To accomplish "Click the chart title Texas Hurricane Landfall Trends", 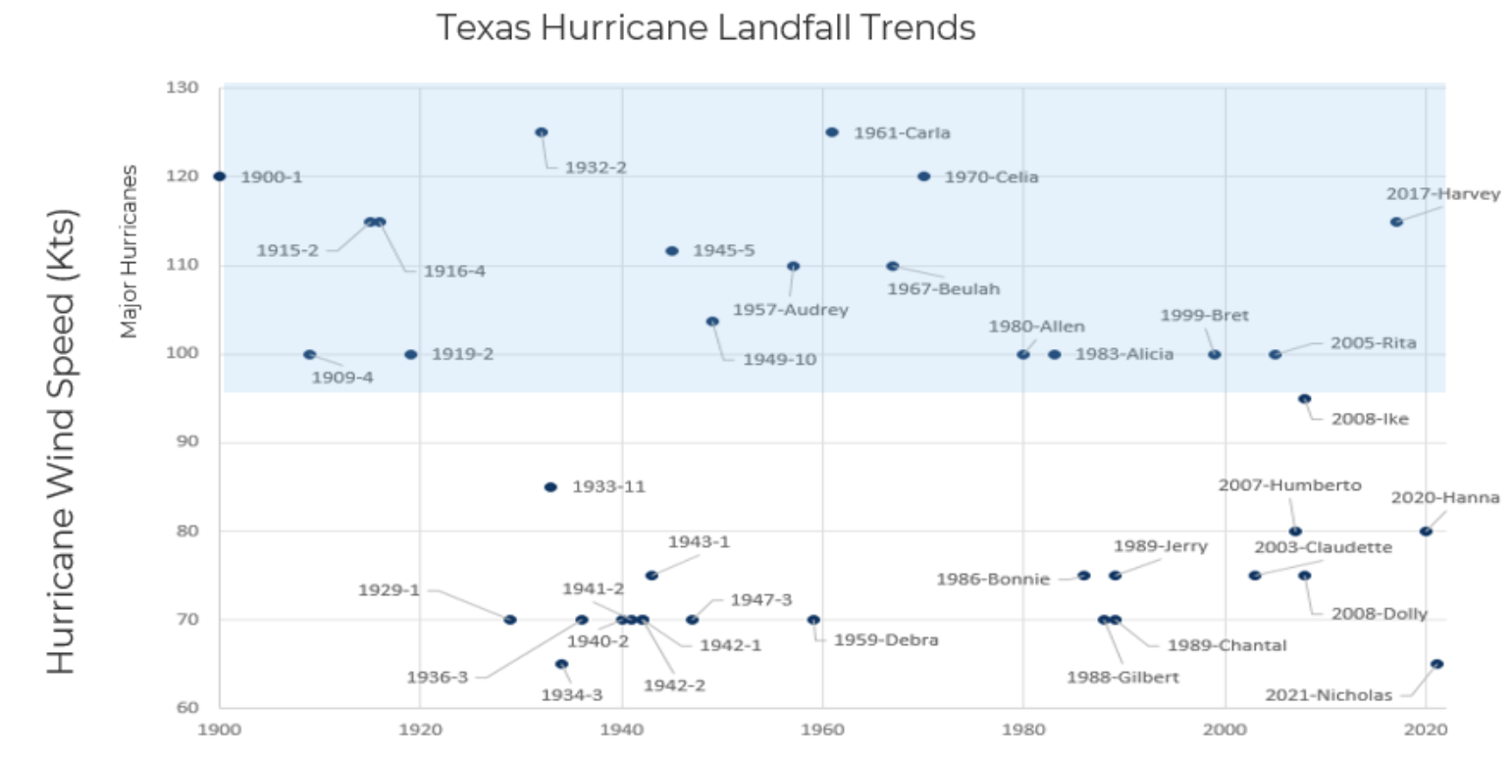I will point(705,27).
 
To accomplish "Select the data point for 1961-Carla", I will point(832,132).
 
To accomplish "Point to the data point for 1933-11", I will point(550,487).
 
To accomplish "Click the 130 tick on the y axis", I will point(186,88).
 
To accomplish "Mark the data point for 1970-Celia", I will point(923,177).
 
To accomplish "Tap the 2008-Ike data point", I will point(1304,399).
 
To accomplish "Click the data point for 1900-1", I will point(220,177).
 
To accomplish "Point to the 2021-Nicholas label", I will point(1341,695).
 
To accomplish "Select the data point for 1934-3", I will point(561,664).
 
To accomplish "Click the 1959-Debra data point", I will point(813,620).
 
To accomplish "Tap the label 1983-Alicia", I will point(1124,354).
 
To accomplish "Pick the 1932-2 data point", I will point(542,132).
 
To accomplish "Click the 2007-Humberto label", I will point(1289,484).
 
